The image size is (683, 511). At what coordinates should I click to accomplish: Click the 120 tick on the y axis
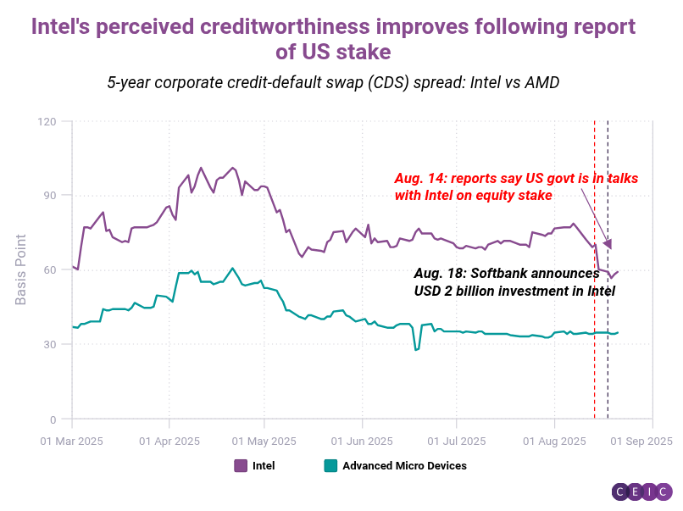click(47, 121)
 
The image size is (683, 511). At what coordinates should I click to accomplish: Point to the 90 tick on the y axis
click(51, 196)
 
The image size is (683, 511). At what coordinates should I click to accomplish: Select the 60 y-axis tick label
click(51, 269)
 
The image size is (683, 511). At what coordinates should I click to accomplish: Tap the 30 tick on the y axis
click(51, 344)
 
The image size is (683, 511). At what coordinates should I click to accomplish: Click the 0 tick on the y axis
click(54, 419)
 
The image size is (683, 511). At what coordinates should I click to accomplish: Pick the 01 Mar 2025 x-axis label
click(72, 441)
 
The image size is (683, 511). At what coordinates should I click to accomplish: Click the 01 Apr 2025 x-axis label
click(169, 441)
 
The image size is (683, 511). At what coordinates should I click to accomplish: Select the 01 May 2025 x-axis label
click(264, 441)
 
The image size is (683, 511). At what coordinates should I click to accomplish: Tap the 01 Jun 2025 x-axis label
click(362, 441)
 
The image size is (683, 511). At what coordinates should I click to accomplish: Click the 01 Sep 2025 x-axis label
click(641, 441)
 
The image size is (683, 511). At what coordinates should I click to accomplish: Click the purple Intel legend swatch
click(241, 465)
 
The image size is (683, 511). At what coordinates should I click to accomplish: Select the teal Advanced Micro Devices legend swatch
click(330, 465)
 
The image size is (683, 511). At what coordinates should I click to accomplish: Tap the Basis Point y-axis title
click(21, 269)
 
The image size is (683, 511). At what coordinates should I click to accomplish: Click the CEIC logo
click(641, 492)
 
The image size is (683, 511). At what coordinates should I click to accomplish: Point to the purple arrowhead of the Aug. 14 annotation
click(607, 244)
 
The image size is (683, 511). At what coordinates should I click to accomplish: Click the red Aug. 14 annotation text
click(515, 186)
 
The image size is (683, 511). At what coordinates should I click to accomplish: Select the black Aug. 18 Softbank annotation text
click(514, 282)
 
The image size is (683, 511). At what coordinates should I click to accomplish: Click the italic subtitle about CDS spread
click(333, 83)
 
